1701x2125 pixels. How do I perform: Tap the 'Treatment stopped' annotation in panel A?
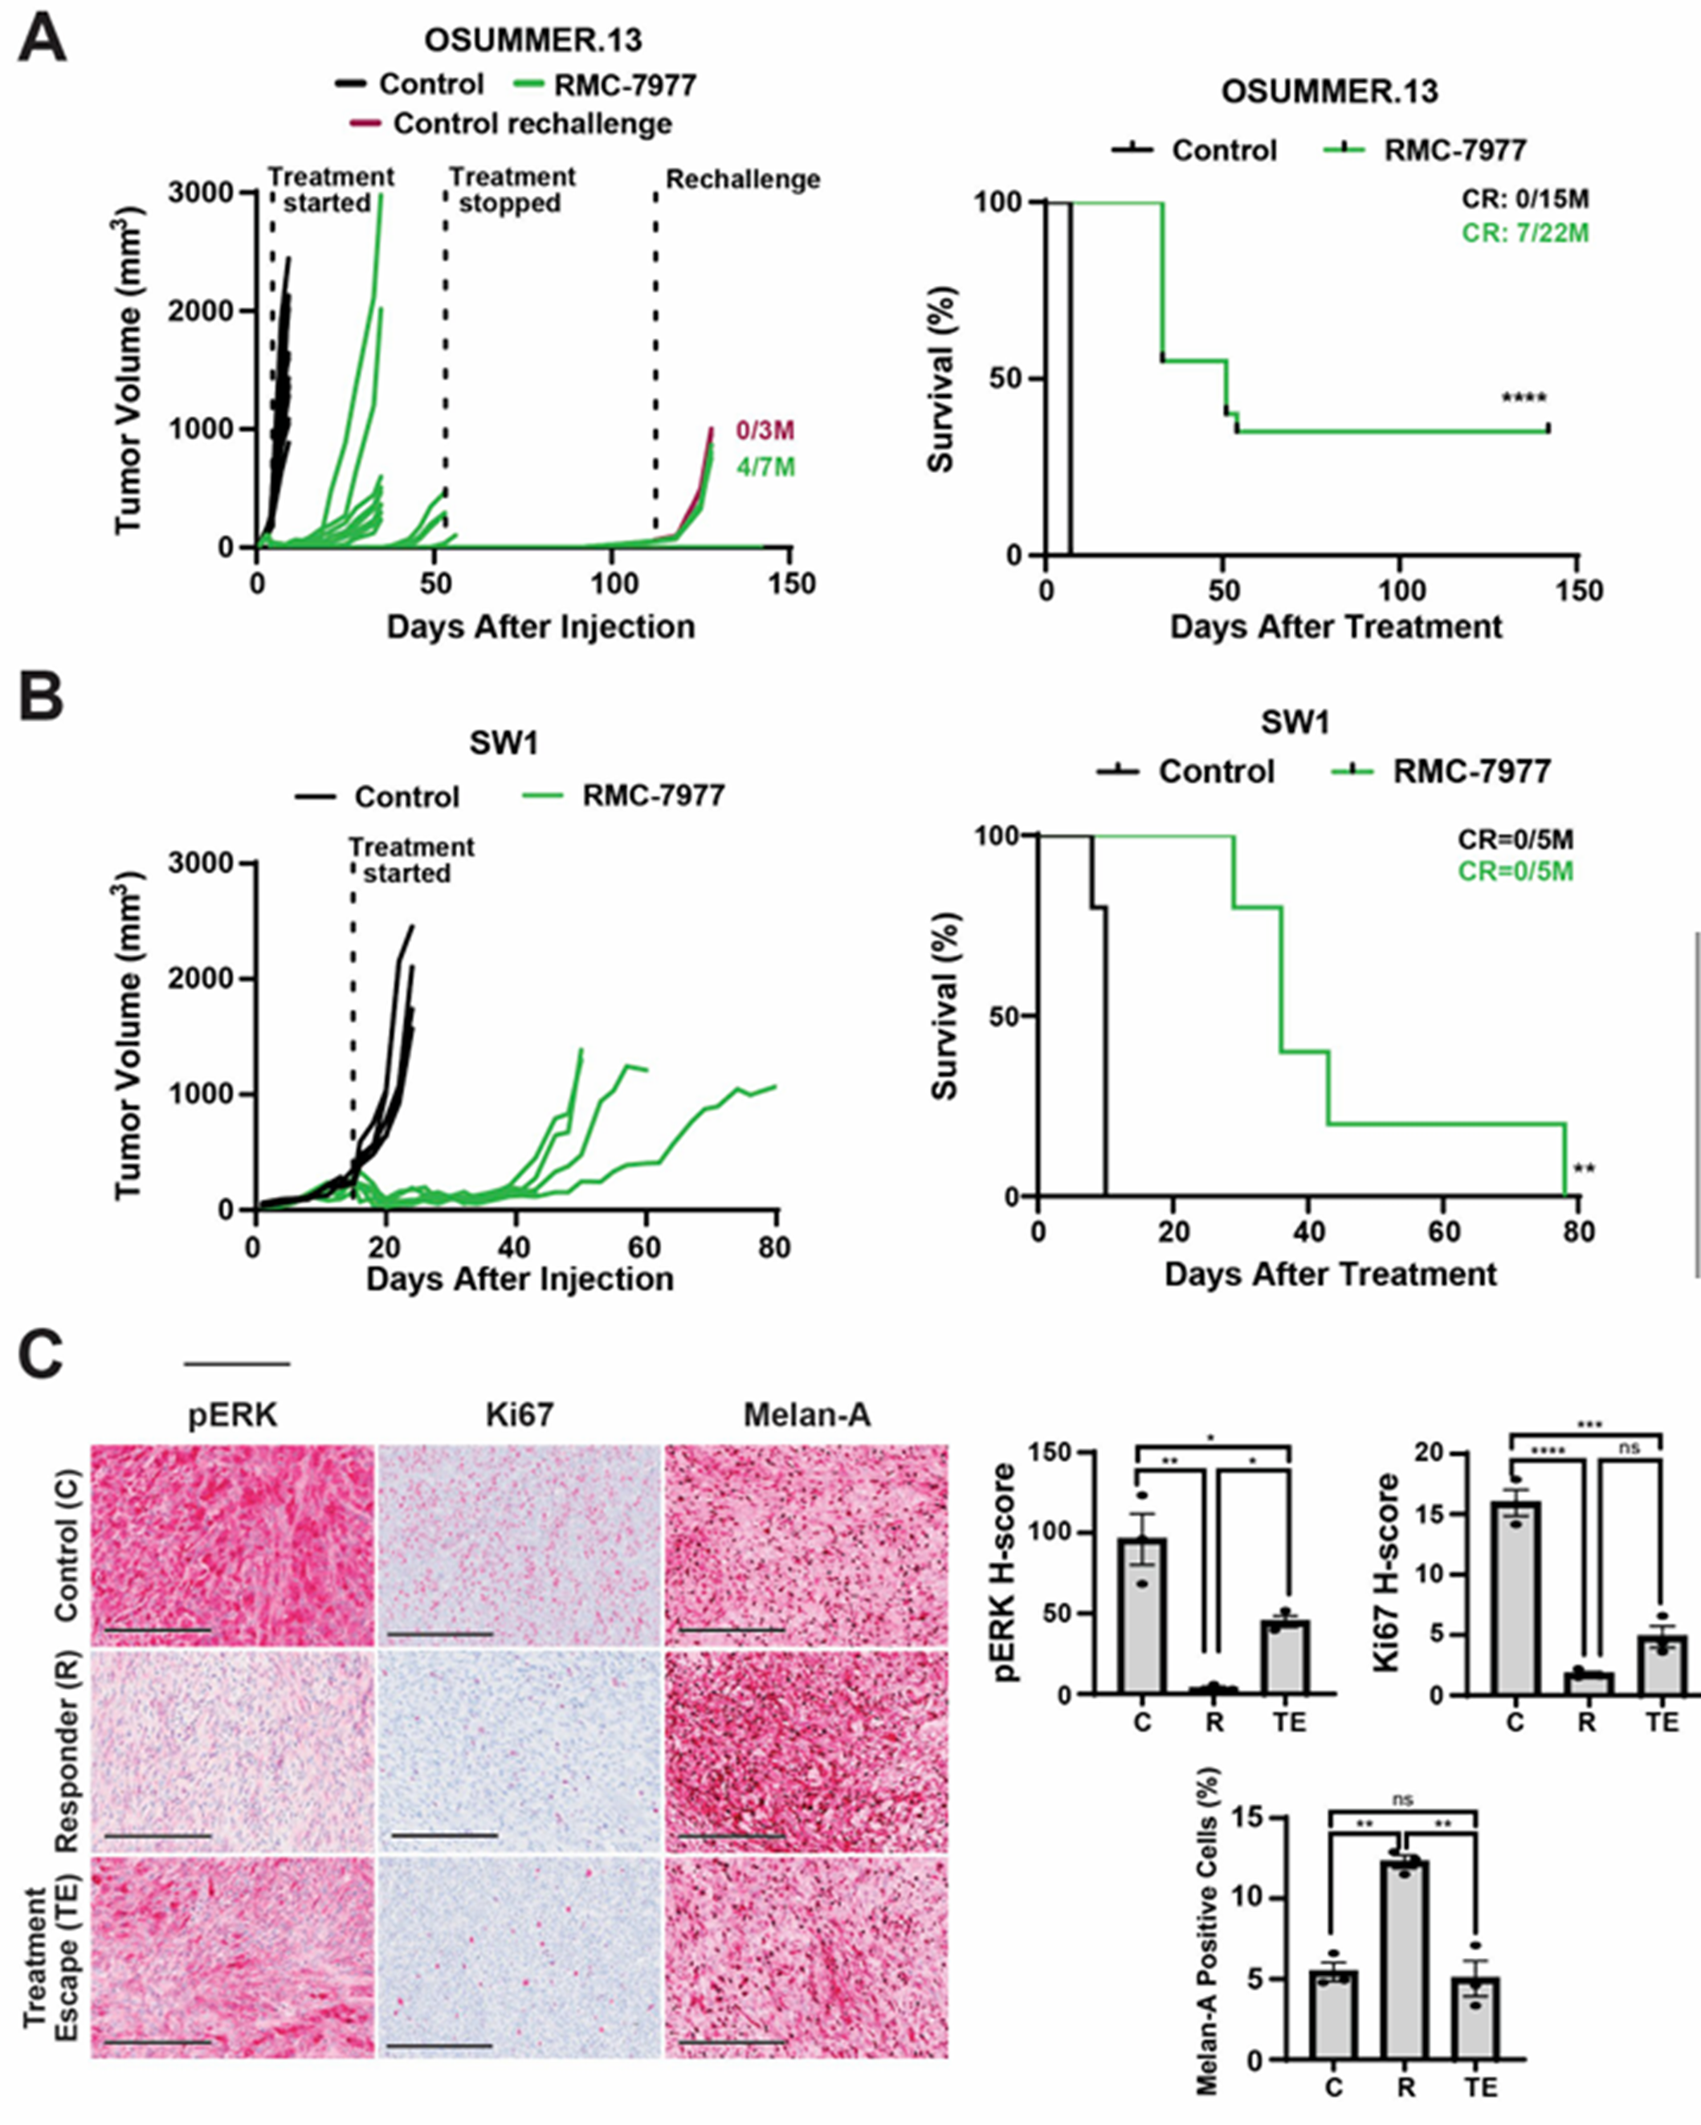tap(512, 190)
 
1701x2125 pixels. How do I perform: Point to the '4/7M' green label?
tap(765, 467)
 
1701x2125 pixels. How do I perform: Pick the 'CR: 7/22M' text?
tap(1526, 234)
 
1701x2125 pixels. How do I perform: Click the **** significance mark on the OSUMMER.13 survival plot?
tap(1524, 399)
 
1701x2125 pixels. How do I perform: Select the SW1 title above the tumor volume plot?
tap(504, 743)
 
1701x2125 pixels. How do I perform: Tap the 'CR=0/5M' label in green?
tap(1515, 871)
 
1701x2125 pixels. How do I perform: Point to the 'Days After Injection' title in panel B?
tap(520, 1279)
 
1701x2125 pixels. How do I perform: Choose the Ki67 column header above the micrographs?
tap(520, 1415)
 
